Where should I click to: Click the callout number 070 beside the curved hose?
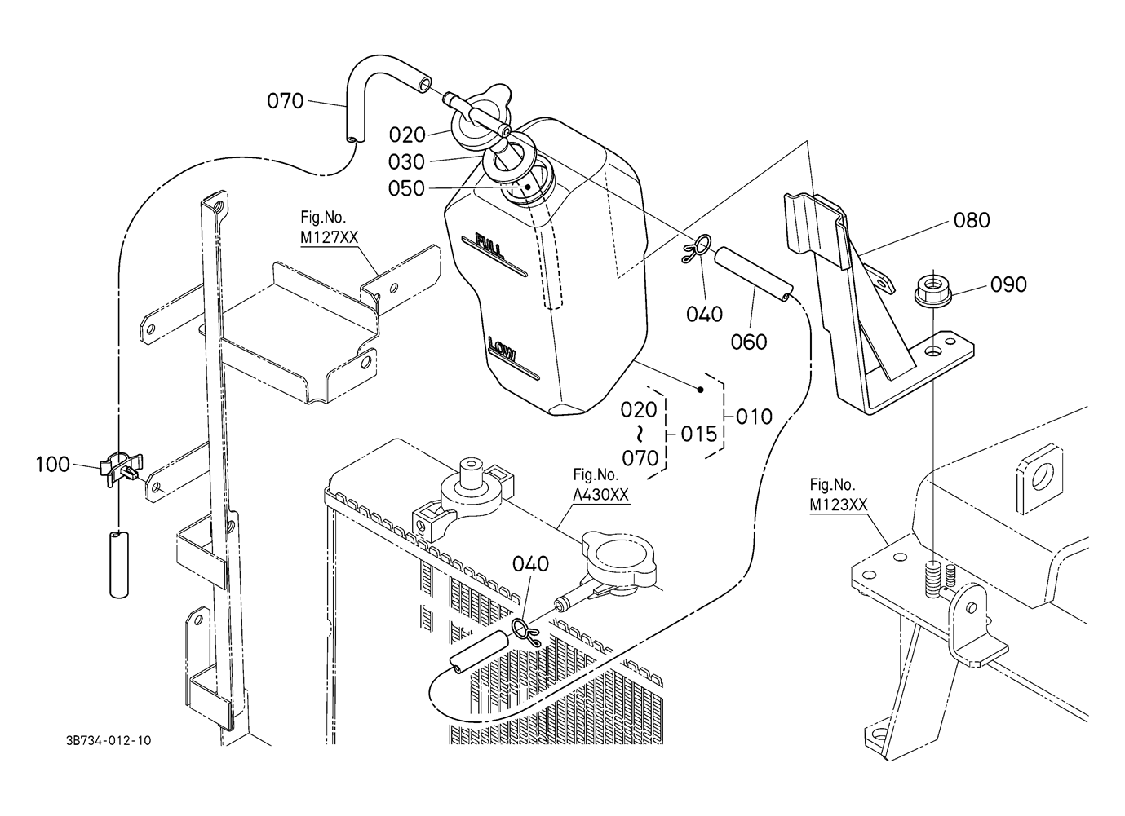[x=286, y=101]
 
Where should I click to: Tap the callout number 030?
[x=407, y=162]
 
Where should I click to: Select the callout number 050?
[x=407, y=188]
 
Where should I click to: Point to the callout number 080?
[x=972, y=220]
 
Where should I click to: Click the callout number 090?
[x=1008, y=285]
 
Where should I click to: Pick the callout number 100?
[x=53, y=464]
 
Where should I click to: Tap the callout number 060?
[x=749, y=342]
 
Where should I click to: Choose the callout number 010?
[x=754, y=417]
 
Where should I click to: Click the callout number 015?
[x=698, y=434]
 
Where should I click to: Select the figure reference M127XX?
[x=330, y=237]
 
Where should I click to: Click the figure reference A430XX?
[x=600, y=495]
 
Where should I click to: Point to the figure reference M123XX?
[x=839, y=505]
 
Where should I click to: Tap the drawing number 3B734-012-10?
[x=109, y=741]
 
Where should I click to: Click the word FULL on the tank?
[x=489, y=246]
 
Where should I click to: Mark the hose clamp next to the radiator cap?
[x=525, y=632]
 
